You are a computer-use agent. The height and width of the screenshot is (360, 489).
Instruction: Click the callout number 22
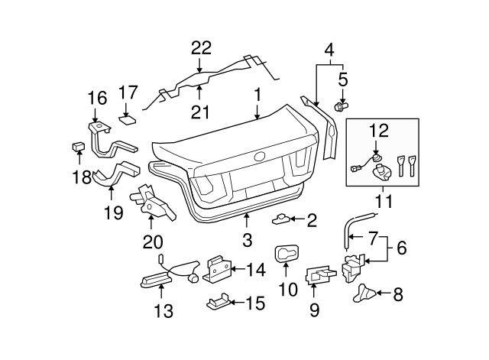pyautogui.click(x=201, y=47)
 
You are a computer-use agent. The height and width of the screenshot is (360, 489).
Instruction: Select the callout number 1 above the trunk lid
pyautogui.click(x=258, y=95)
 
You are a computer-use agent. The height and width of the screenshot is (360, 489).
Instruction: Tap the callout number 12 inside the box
pyautogui.click(x=380, y=130)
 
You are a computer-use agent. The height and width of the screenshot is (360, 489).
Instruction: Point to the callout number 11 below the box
pyautogui.click(x=380, y=204)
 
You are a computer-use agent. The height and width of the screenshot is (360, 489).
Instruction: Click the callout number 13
pyautogui.click(x=164, y=311)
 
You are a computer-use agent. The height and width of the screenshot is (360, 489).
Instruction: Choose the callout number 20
pyautogui.click(x=153, y=242)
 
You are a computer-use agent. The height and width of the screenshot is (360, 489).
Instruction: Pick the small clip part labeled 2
pyautogui.click(x=283, y=219)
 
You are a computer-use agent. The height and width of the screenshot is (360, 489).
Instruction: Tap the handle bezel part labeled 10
pyautogui.click(x=285, y=254)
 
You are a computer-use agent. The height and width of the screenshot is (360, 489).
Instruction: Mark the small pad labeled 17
pyautogui.click(x=128, y=118)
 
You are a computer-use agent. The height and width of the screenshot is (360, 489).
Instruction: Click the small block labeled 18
pyautogui.click(x=79, y=145)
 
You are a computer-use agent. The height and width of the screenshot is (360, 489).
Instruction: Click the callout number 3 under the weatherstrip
pyautogui.click(x=247, y=240)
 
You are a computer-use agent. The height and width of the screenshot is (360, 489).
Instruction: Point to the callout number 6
pyautogui.click(x=402, y=247)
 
